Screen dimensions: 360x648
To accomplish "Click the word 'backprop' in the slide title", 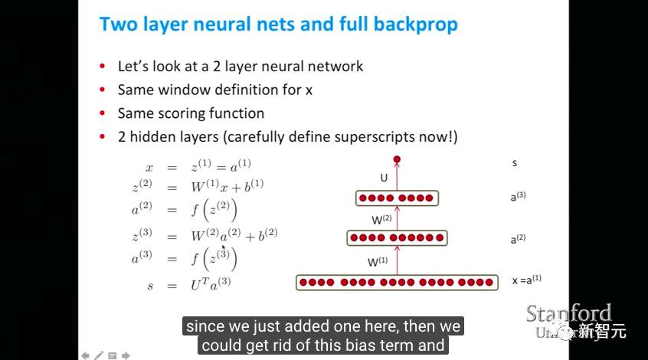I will (x=416, y=25).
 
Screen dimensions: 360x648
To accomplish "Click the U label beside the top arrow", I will (x=384, y=178).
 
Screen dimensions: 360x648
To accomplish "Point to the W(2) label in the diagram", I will (x=382, y=219).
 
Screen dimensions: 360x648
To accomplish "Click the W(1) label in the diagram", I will (x=378, y=261).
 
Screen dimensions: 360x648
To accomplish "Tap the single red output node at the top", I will (x=397, y=159).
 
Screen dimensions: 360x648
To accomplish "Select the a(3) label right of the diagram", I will (x=518, y=196).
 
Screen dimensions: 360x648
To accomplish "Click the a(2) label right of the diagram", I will (x=518, y=239).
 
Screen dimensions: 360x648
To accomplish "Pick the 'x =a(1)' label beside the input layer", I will (x=527, y=280).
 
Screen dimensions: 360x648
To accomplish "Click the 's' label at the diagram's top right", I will (x=515, y=163).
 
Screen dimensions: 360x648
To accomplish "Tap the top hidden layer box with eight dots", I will (x=397, y=198).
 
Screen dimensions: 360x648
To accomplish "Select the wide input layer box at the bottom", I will (x=396, y=283).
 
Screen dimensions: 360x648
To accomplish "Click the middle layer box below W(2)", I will (x=396, y=238).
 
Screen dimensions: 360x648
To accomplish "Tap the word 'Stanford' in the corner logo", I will (x=568, y=313).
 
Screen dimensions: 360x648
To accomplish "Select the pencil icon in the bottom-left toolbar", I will (x=98, y=355).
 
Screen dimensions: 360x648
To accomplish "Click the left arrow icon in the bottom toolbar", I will (x=85, y=355).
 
